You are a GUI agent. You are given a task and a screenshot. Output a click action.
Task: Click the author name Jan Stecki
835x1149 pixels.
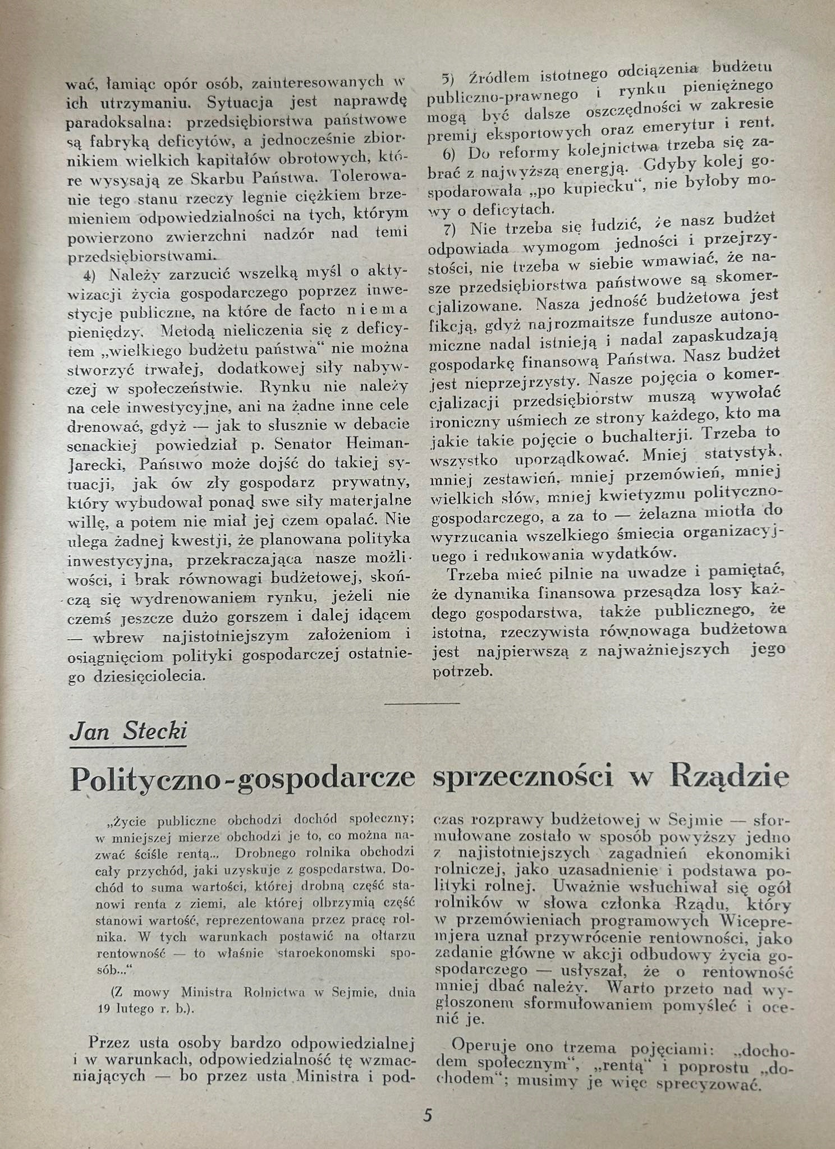click(x=128, y=732)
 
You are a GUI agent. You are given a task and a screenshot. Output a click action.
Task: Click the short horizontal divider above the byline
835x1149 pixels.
click(x=423, y=702)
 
